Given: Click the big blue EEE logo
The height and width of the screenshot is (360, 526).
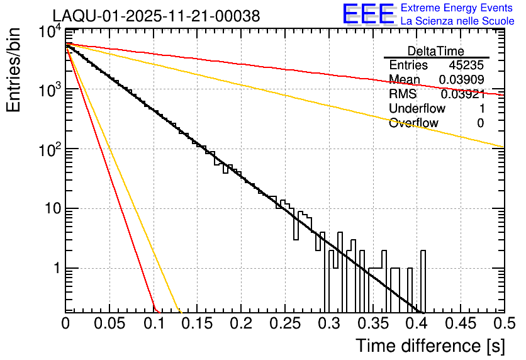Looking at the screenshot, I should [x=368, y=15].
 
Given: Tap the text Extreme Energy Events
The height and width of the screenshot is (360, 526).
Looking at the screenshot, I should [x=457, y=8].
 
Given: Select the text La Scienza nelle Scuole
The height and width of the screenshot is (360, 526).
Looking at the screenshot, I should [x=457, y=21].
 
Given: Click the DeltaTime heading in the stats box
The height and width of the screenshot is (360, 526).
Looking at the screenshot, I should [x=436, y=51].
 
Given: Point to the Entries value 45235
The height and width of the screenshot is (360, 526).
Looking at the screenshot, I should [x=466, y=65].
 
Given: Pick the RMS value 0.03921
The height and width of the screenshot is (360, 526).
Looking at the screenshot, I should [x=462, y=94].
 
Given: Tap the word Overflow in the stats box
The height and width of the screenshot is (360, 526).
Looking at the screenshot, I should [x=413, y=123].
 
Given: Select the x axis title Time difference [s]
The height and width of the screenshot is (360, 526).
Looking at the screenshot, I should [x=430, y=346].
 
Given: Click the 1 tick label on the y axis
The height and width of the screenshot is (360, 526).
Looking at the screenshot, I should [x=55, y=269].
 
